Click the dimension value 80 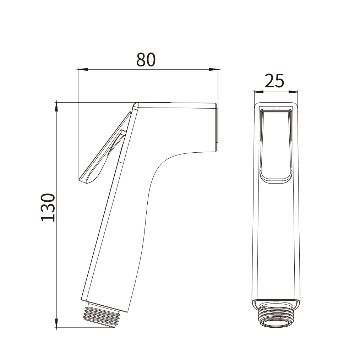pyautogui.click(x=146, y=60)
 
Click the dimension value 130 pyautogui.click(x=48, y=207)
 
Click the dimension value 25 pyautogui.click(x=275, y=81)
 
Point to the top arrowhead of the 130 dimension pyautogui.click(x=56, y=105)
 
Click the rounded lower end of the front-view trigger pyautogui.click(x=276, y=180)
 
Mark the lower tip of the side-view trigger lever pyautogui.click(x=83, y=180)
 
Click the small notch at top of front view pyautogui.click(x=276, y=107)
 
